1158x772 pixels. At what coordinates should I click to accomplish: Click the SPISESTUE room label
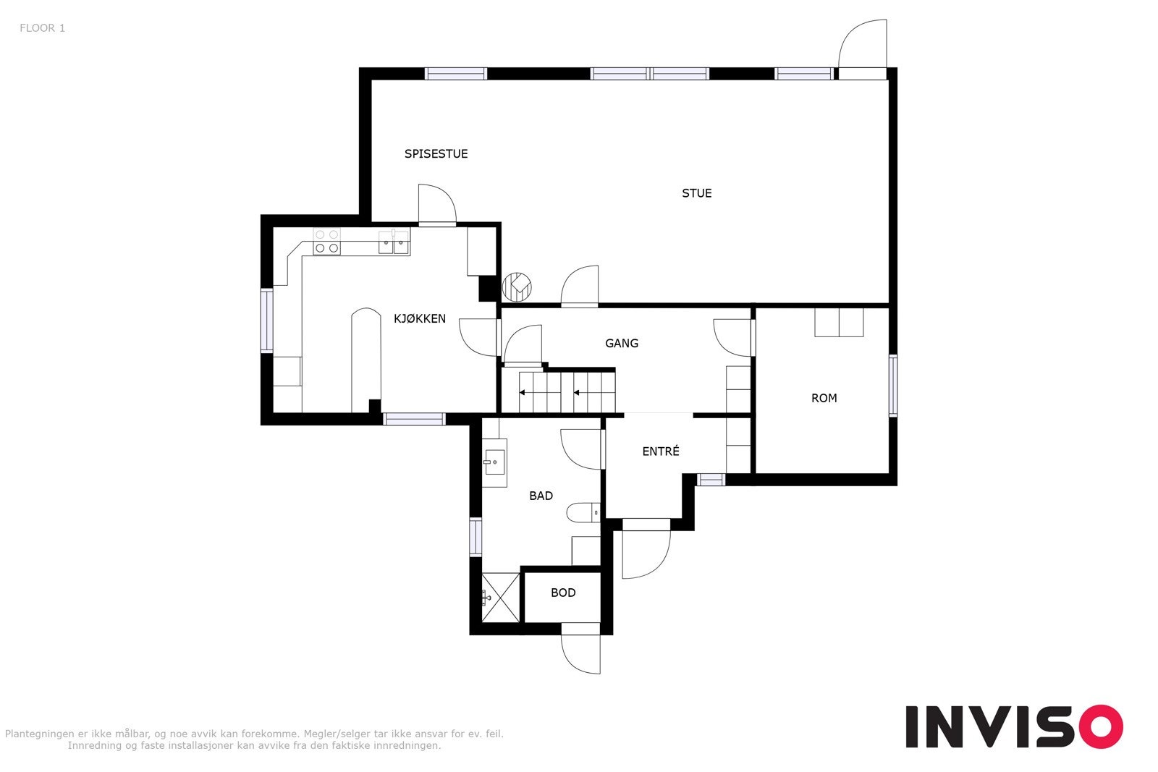point(436,153)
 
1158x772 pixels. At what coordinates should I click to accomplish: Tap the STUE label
point(696,193)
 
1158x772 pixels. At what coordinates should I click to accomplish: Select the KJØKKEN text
point(419,318)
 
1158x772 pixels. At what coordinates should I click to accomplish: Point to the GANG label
point(622,343)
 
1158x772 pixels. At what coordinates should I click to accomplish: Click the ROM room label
point(824,398)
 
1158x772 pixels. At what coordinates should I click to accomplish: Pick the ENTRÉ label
point(661,451)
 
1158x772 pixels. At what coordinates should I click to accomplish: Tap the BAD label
point(541,496)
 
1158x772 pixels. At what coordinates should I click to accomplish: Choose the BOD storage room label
point(563,593)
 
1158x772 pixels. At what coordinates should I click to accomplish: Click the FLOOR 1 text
point(42,28)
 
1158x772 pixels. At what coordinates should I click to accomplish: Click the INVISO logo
point(1014,726)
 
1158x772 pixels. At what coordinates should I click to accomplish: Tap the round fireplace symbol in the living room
point(517,287)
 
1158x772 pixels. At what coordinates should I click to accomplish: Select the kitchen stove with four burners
point(326,241)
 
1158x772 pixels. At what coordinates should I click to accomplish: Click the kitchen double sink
point(394,243)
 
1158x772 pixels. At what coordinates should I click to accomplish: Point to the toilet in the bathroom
point(583,513)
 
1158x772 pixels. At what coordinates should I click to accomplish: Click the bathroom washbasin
point(495,461)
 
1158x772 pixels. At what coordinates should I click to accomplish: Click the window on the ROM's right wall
point(892,385)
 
